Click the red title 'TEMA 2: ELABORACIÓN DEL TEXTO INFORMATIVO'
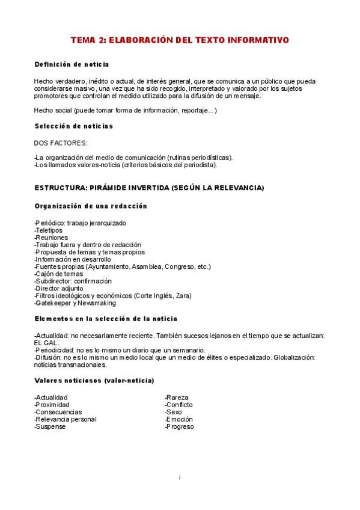point(180,40)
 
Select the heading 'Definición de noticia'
point(72,64)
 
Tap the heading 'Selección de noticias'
point(73,126)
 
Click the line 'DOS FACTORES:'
point(61,143)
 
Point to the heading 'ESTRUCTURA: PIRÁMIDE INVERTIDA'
point(149,188)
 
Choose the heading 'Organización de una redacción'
point(91,206)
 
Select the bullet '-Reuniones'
point(52,238)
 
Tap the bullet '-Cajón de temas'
point(59,274)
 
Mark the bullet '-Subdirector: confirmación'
point(73,281)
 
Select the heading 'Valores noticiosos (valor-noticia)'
point(94,381)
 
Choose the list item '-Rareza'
point(177,398)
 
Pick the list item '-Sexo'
point(174,412)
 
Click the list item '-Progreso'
point(179,426)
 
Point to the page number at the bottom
point(180,478)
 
